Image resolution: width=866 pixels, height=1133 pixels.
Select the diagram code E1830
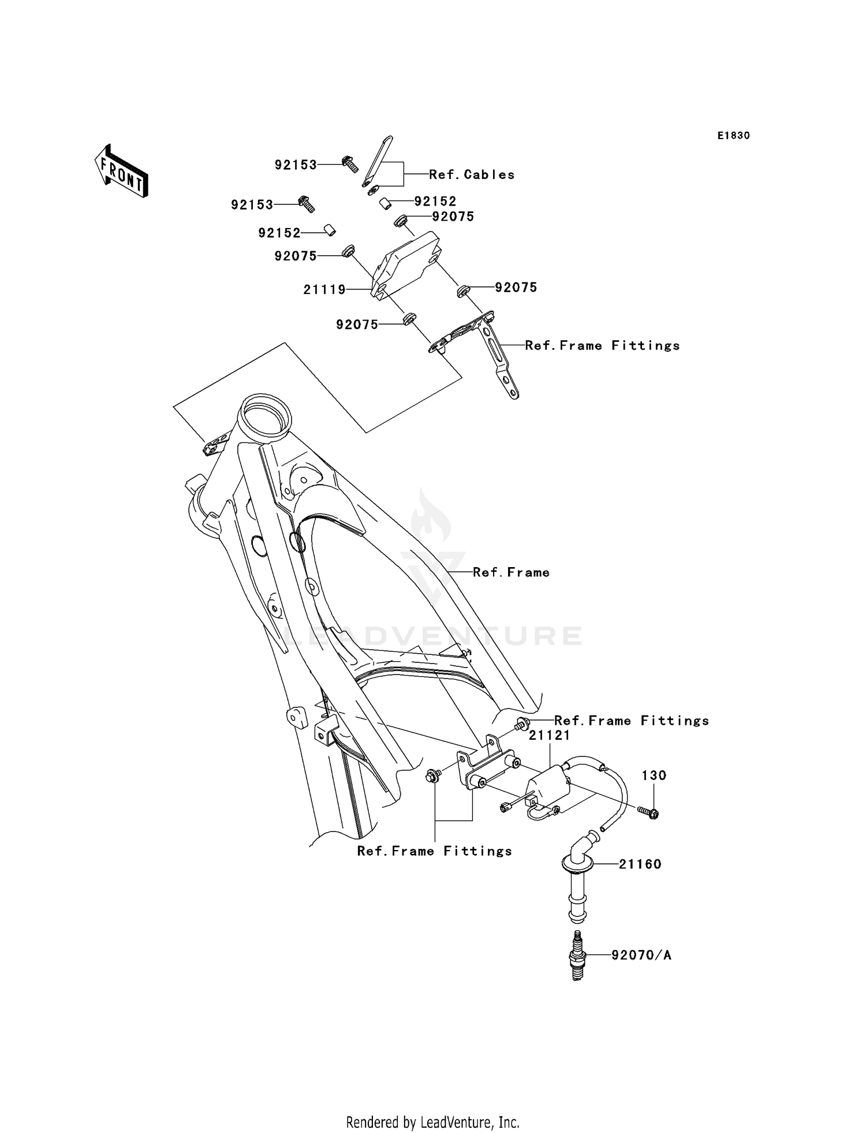pyautogui.click(x=733, y=136)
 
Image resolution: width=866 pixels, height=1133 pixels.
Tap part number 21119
pyautogui.click(x=324, y=290)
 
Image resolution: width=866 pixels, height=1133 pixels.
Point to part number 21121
pyautogui.click(x=549, y=735)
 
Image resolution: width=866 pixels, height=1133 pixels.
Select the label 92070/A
pyautogui.click(x=641, y=955)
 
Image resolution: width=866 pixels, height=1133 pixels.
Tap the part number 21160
pyautogui.click(x=640, y=864)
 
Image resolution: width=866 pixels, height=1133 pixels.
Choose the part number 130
pyautogui.click(x=654, y=776)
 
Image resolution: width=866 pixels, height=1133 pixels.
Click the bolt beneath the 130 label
pyautogui.click(x=649, y=813)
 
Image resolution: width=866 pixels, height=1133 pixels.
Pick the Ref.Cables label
pyautogui.click(x=472, y=174)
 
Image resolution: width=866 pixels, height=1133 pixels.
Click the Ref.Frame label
pyautogui.click(x=511, y=572)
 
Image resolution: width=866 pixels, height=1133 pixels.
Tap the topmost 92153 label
pyautogui.click(x=296, y=165)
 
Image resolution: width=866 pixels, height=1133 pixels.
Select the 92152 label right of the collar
pyautogui.click(x=435, y=201)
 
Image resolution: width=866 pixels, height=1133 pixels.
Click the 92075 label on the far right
pyautogui.click(x=516, y=287)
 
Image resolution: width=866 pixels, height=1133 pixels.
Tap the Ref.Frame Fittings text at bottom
pyautogui.click(x=434, y=851)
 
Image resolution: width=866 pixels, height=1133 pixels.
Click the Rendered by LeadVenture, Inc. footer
pyautogui.click(x=432, y=1122)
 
